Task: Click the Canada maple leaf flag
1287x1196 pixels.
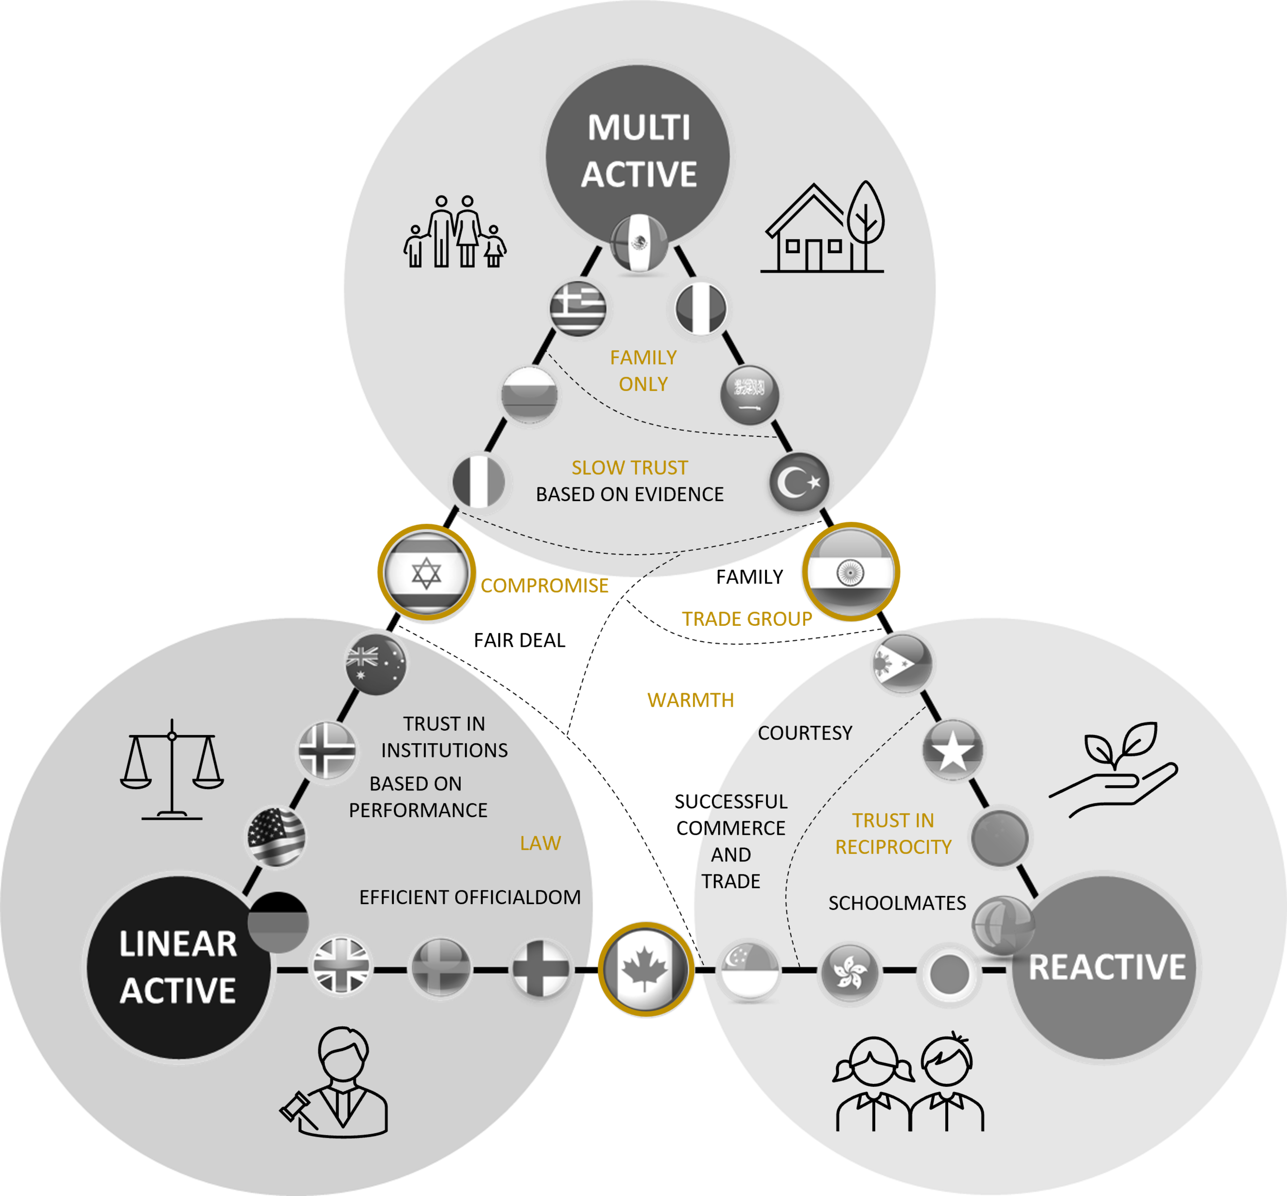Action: [x=646, y=969]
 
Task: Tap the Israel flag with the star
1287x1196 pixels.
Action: [x=426, y=573]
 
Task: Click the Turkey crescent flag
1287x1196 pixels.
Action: [x=799, y=482]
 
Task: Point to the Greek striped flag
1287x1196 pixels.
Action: [x=578, y=308]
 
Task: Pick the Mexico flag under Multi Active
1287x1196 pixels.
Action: [x=639, y=243]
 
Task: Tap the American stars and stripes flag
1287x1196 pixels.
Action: [x=276, y=837]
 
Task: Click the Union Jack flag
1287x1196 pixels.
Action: [x=341, y=965]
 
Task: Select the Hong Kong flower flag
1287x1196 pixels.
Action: [x=850, y=972]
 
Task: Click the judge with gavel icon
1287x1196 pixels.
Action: [x=334, y=1082]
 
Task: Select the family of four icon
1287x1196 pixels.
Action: [x=455, y=231]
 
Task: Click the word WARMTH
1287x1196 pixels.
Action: [x=691, y=700]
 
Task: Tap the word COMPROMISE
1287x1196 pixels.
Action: [x=545, y=586]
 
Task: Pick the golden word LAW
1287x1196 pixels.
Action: [x=541, y=843]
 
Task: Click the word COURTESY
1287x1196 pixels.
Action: [x=805, y=733]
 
